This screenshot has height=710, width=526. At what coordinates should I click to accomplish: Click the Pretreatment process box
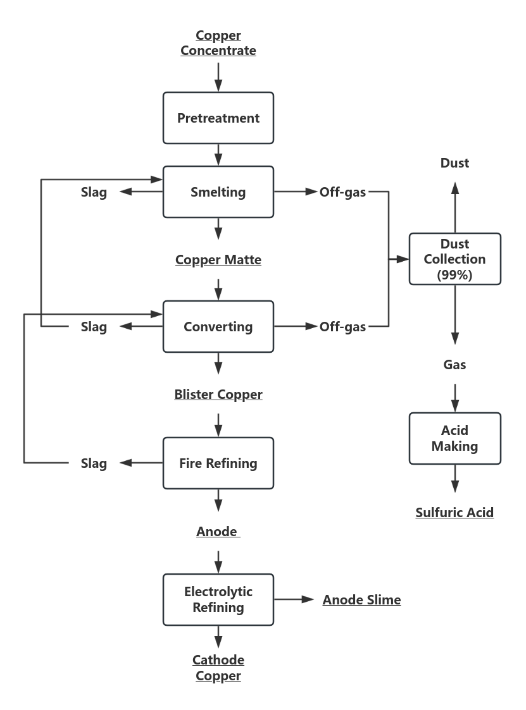[218, 118]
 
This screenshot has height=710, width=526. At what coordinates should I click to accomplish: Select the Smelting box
[218, 192]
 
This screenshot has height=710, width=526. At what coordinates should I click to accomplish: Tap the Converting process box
[218, 327]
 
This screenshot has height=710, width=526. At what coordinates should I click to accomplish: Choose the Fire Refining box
[218, 463]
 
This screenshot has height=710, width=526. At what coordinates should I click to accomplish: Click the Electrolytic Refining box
[218, 599]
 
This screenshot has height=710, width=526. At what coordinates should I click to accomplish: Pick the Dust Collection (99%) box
[454, 259]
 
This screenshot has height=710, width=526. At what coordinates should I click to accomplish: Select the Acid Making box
[454, 439]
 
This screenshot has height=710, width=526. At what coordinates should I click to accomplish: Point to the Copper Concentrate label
[218, 43]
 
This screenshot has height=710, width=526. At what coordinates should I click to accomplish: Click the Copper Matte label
[218, 260]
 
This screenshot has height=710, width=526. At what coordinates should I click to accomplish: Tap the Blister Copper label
[218, 395]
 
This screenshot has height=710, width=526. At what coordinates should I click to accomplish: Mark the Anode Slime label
[361, 600]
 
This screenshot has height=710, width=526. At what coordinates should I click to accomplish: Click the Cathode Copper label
[218, 668]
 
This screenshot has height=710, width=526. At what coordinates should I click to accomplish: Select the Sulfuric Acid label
[454, 513]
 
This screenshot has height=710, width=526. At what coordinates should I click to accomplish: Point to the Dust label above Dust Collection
[454, 163]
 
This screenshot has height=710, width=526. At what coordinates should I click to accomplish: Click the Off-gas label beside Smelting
[342, 192]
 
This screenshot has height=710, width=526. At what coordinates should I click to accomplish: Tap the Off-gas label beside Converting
[342, 327]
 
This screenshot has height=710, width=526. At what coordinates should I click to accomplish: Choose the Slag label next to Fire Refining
[94, 463]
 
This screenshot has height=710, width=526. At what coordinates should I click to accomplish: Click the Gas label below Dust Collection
[454, 365]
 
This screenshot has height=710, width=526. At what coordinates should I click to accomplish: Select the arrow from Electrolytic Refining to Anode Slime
[294, 599]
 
